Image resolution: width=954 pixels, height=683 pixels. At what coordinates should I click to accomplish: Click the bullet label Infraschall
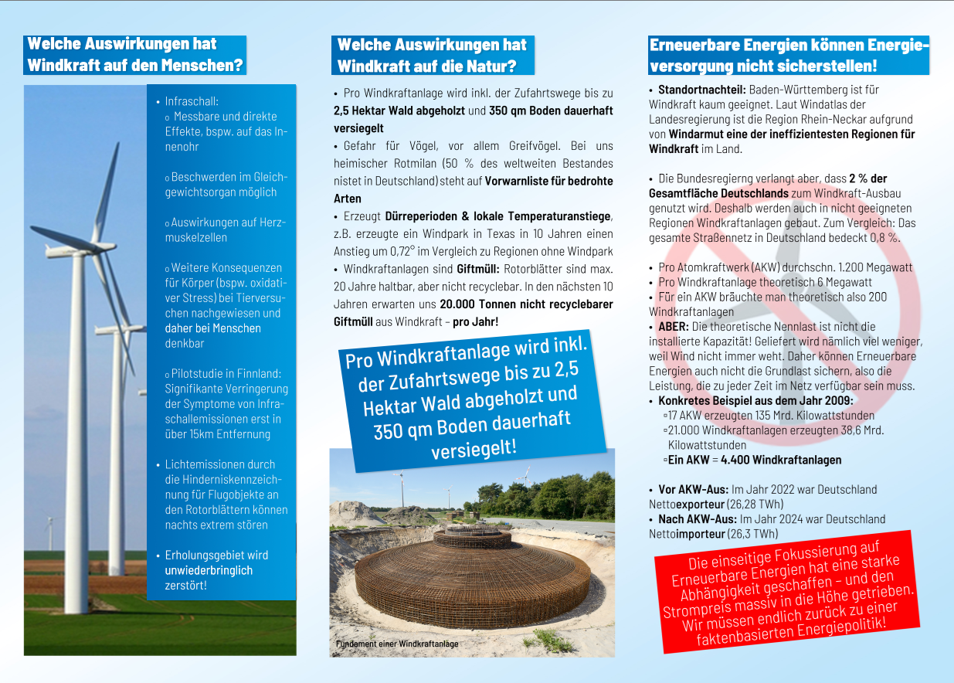[192, 101]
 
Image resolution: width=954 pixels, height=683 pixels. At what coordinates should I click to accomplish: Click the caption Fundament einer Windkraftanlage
[397, 644]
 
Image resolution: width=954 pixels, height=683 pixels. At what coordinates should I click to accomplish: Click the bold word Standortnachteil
[701, 90]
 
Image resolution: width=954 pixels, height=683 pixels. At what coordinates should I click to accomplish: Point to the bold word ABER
[673, 327]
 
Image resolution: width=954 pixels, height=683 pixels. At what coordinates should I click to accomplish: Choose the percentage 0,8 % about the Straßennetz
[884, 237]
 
